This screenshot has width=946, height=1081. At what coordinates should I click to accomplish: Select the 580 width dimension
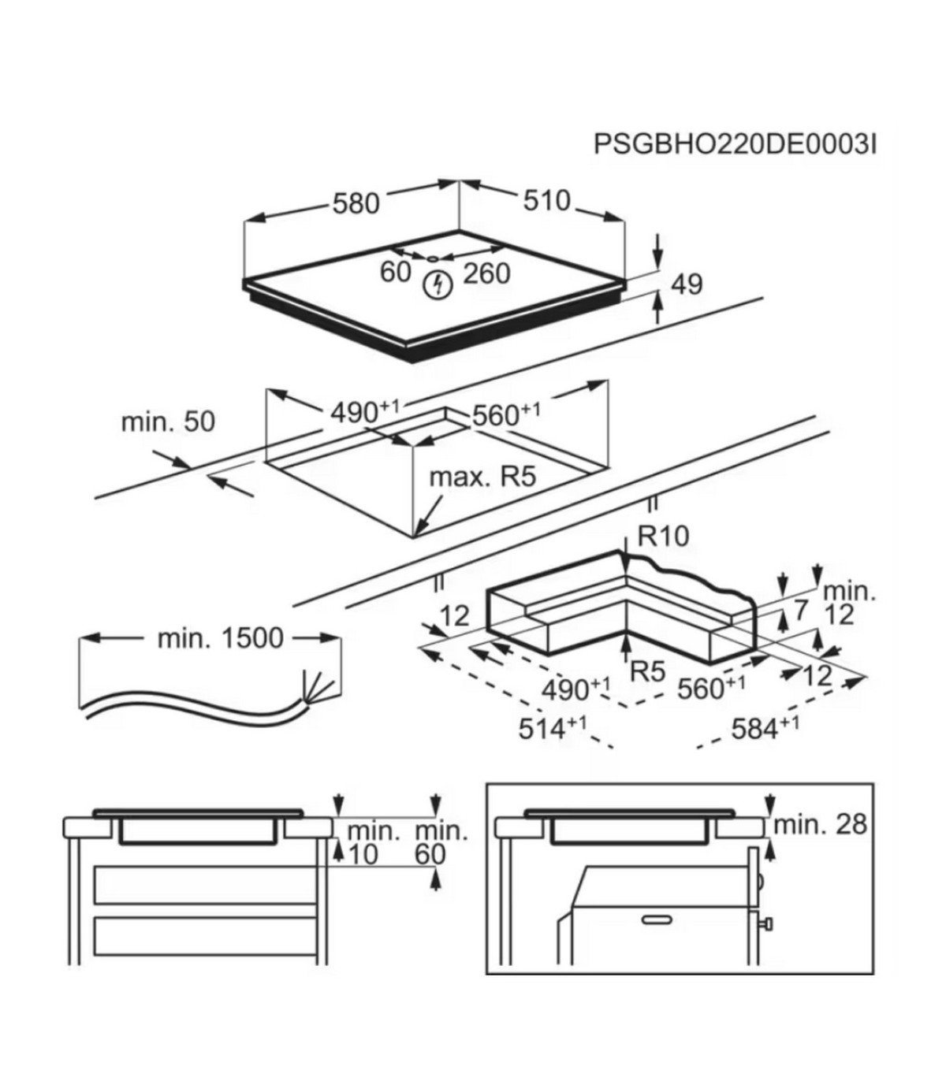(356, 204)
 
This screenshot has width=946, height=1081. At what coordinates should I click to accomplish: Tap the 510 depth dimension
(546, 201)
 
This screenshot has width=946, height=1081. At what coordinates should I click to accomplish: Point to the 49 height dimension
(687, 284)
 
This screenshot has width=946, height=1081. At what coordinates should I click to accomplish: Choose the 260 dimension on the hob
(486, 273)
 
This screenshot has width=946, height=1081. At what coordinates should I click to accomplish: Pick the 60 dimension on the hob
(396, 272)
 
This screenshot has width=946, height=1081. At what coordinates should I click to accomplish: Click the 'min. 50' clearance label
(167, 422)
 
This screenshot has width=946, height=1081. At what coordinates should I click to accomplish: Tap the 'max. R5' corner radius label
(482, 477)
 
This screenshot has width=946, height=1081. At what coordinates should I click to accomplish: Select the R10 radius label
(663, 537)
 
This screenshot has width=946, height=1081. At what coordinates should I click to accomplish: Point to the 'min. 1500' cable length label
(220, 638)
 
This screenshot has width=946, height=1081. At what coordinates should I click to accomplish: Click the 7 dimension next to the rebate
(802, 610)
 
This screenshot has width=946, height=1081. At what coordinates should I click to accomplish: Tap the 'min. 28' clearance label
(820, 825)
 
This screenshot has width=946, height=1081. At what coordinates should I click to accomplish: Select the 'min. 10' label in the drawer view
(363, 843)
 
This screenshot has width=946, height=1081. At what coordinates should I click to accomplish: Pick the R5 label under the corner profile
(649, 672)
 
